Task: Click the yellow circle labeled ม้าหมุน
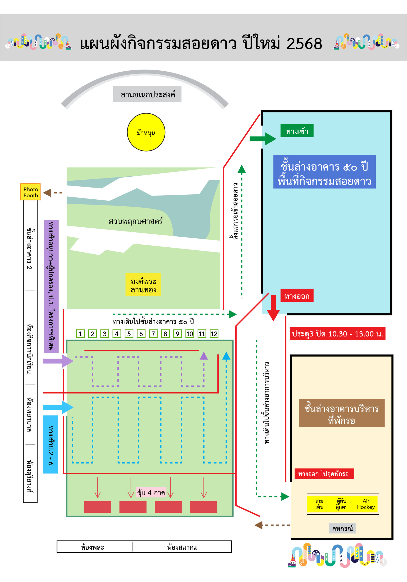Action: (146, 132)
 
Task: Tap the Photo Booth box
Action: (30, 192)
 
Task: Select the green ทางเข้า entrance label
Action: (297, 131)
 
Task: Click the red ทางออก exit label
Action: (297, 295)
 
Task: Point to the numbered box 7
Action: (153, 334)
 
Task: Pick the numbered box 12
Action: (214, 334)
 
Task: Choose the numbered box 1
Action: (80, 334)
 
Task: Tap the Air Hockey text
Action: (366, 504)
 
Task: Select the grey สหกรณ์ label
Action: (342, 528)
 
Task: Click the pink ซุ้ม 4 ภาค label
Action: (151, 492)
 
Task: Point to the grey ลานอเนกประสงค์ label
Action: (147, 94)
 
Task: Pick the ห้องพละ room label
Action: (92, 547)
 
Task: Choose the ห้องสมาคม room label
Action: (182, 547)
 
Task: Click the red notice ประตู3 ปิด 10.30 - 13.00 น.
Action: (337, 334)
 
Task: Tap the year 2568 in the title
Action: (304, 44)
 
